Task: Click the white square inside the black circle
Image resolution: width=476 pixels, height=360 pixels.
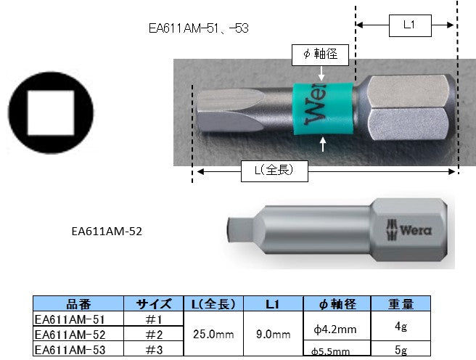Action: (x=51, y=113)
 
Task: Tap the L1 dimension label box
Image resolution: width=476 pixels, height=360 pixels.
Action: (x=410, y=26)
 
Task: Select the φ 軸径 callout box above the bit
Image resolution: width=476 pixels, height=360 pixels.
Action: (x=320, y=55)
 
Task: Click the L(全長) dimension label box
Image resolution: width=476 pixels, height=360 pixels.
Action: (x=274, y=171)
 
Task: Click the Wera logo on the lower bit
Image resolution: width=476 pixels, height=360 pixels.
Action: (x=409, y=230)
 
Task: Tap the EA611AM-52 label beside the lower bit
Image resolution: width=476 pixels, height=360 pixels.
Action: (x=107, y=232)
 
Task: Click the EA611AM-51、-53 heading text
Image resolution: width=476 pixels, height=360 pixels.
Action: (x=199, y=28)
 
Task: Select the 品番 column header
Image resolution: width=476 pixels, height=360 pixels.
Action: (x=78, y=303)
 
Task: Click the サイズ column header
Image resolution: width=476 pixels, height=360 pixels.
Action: (x=153, y=303)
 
